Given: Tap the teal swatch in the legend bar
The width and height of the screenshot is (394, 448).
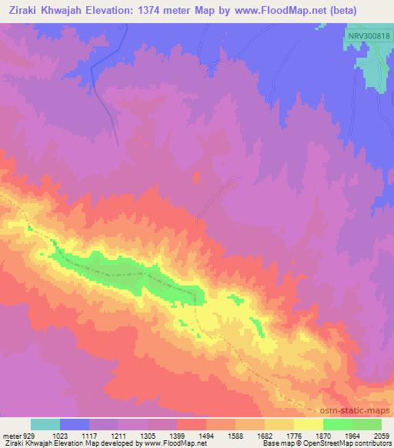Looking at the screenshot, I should click(x=45, y=423).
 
